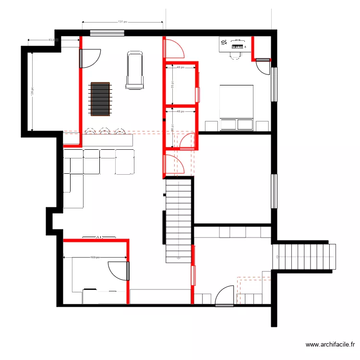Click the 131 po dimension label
[x=122, y=22]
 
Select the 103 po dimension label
[x=95, y=257]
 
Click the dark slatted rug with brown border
[x=100, y=99]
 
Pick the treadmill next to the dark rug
[x=134, y=71]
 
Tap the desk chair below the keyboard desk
[x=235, y=54]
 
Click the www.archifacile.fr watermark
[x=331, y=345]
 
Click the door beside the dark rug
[x=90, y=58]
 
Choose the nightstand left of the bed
[x=211, y=126]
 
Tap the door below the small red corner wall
[x=263, y=67]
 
